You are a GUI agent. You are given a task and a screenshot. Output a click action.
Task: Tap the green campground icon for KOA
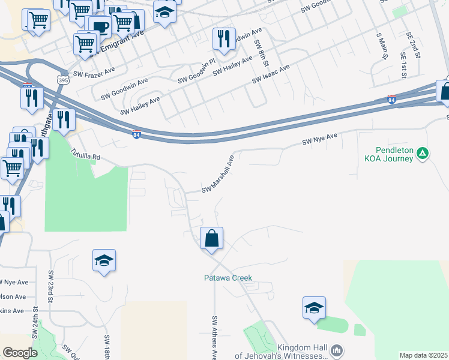click(423, 154)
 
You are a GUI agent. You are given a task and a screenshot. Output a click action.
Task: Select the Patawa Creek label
click(228, 278)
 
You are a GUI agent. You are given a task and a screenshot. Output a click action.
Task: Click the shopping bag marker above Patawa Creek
click(212, 239)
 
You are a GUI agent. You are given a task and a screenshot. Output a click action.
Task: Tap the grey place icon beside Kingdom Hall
click(337, 349)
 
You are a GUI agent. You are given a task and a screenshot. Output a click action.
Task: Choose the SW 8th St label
click(259, 53)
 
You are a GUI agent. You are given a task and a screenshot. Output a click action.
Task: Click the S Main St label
click(380, 46)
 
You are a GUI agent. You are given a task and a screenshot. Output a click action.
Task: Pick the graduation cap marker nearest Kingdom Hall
click(314, 308)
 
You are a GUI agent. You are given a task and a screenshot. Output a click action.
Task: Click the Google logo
click(20, 353)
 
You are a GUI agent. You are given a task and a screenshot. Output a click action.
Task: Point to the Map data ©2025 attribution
click(423, 355)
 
